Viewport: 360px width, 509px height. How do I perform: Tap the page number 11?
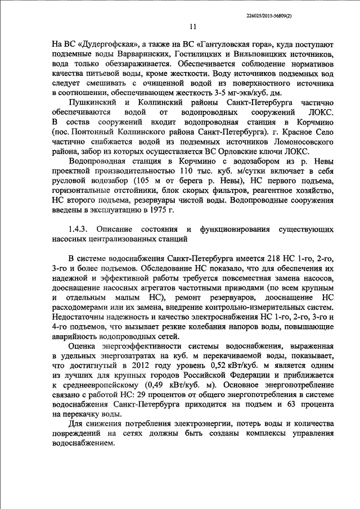[x=193, y=26]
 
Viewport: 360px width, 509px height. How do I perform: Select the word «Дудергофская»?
[x=105, y=43]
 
